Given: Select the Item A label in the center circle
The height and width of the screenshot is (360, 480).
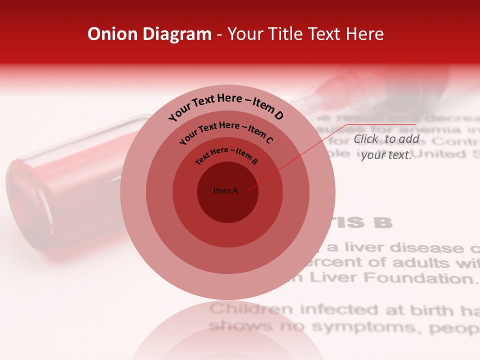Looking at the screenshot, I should point(226,190).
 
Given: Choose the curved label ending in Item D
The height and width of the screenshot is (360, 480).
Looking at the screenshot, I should point(226,105).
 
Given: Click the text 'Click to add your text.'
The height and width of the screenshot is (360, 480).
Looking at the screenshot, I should point(386,147).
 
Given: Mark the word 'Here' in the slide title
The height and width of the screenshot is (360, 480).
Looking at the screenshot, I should point(365,34).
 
